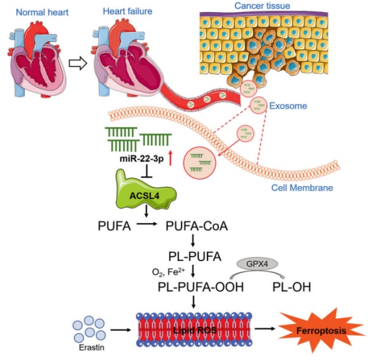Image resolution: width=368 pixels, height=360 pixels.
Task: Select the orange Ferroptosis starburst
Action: [321, 330]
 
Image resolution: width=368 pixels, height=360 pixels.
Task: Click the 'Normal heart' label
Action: [43, 12]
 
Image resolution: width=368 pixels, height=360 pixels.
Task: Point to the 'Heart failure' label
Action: [128, 11]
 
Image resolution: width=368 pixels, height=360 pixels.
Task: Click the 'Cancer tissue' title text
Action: [262, 6]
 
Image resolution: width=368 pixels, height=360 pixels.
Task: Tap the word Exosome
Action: [288, 106]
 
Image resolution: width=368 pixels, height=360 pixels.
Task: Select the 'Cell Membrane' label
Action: [302, 188]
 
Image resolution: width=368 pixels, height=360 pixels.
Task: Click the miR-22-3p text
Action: [141, 159]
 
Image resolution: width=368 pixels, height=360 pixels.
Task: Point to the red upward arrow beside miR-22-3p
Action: [171, 158]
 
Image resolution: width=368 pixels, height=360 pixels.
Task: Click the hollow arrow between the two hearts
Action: [77, 63]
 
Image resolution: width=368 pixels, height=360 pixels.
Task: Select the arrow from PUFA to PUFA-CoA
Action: [147, 224]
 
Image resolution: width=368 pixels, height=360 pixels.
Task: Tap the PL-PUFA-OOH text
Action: [200, 287]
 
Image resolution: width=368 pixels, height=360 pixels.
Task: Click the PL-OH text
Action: [292, 287]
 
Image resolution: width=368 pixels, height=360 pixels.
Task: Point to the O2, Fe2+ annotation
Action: [168, 272]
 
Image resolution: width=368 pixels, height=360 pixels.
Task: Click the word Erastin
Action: [91, 347]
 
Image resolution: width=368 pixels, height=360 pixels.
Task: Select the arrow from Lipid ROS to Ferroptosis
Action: [265, 328]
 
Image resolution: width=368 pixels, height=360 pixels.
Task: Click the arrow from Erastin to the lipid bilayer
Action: [121, 330]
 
